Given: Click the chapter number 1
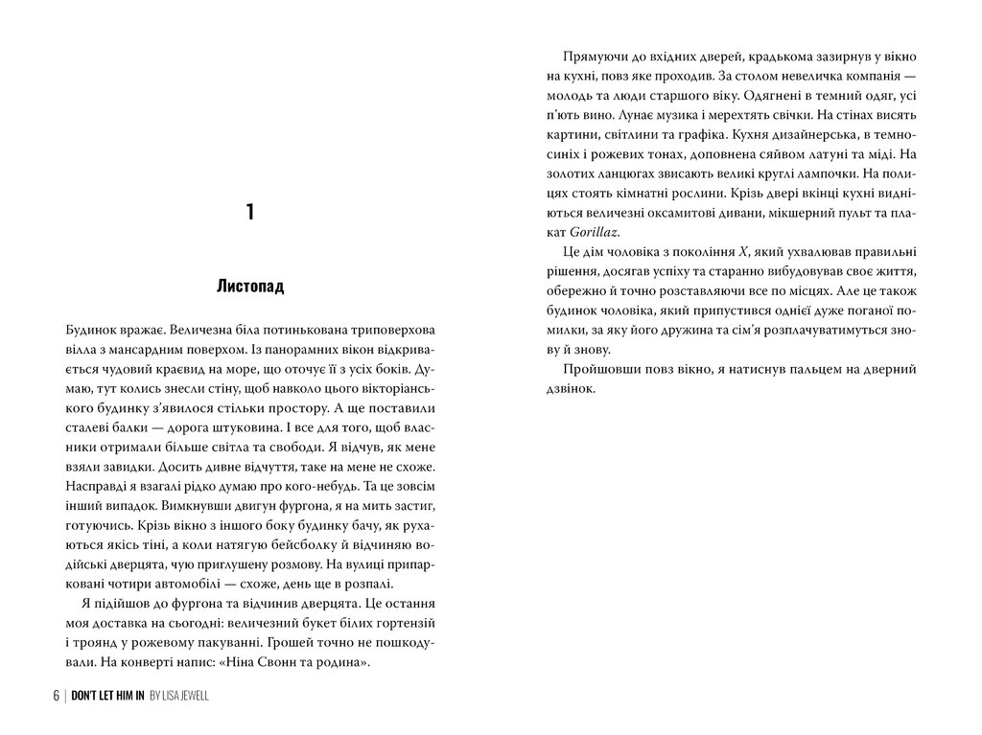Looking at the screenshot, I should click(249, 212).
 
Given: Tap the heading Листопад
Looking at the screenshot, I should click(250, 287).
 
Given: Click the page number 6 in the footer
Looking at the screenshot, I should click(56, 696).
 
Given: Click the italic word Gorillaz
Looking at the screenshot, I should click(593, 232).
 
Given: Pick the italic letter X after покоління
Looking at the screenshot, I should click(742, 252).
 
